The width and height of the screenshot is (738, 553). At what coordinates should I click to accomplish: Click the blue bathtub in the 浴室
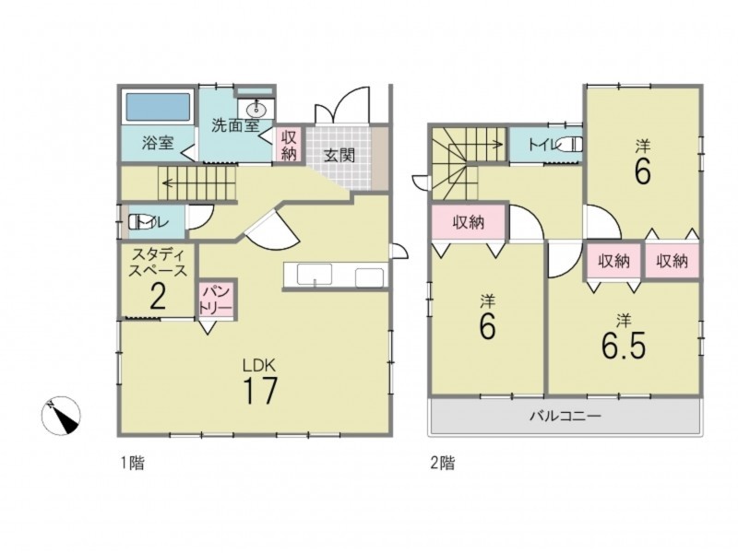(157, 107)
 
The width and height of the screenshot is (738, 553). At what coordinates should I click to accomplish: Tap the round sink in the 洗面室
(256, 110)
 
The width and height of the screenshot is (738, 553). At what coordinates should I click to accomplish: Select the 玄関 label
(339, 155)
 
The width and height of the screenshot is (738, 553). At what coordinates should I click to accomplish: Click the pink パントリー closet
(216, 300)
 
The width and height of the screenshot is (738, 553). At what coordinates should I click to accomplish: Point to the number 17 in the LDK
(260, 390)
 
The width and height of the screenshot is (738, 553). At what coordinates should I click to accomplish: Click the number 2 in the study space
(158, 296)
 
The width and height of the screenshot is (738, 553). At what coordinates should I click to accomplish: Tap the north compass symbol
(61, 416)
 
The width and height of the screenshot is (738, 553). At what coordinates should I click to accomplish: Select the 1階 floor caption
(131, 464)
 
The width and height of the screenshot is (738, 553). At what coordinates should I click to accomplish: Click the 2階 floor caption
(443, 464)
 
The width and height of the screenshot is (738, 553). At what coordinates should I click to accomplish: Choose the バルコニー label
(565, 417)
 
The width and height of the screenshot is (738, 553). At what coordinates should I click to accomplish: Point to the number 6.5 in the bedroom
(624, 346)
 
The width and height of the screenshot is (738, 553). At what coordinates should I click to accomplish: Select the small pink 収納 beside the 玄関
(289, 145)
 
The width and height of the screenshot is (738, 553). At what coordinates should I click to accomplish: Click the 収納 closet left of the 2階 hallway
(469, 222)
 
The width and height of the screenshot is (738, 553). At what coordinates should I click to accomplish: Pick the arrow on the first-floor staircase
(197, 183)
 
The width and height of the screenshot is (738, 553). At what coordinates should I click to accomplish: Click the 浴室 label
(158, 142)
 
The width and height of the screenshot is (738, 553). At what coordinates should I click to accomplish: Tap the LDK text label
(258, 364)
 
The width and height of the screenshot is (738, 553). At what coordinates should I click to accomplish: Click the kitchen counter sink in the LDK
(315, 274)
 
